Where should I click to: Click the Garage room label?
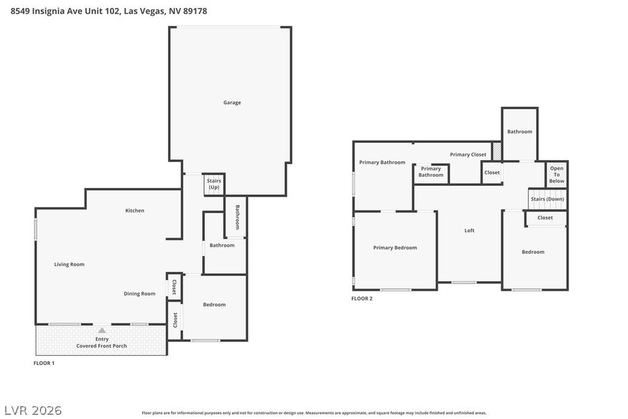[x=232, y=102]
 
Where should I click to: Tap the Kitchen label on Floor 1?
[x=135, y=210]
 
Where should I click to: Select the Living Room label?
[x=69, y=264]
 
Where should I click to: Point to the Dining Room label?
[x=139, y=293]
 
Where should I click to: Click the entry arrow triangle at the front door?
[x=102, y=330]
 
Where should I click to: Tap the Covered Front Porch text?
[x=102, y=346]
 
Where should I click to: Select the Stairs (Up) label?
[x=213, y=183]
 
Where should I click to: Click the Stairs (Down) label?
[x=547, y=199]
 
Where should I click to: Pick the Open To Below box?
[x=557, y=175]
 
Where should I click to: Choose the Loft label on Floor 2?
[x=469, y=231]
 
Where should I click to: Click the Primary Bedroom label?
[x=395, y=248]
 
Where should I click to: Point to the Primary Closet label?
[x=468, y=155]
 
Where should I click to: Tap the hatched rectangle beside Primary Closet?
[x=497, y=151]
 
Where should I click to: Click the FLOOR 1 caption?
[x=44, y=363]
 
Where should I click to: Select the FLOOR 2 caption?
[x=362, y=299]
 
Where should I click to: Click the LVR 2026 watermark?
[x=33, y=410]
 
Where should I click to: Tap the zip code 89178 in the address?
[x=194, y=10]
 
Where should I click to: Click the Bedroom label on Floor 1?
[x=214, y=304]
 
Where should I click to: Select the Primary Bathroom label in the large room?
[x=382, y=162]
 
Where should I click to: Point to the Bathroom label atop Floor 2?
[x=519, y=131]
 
